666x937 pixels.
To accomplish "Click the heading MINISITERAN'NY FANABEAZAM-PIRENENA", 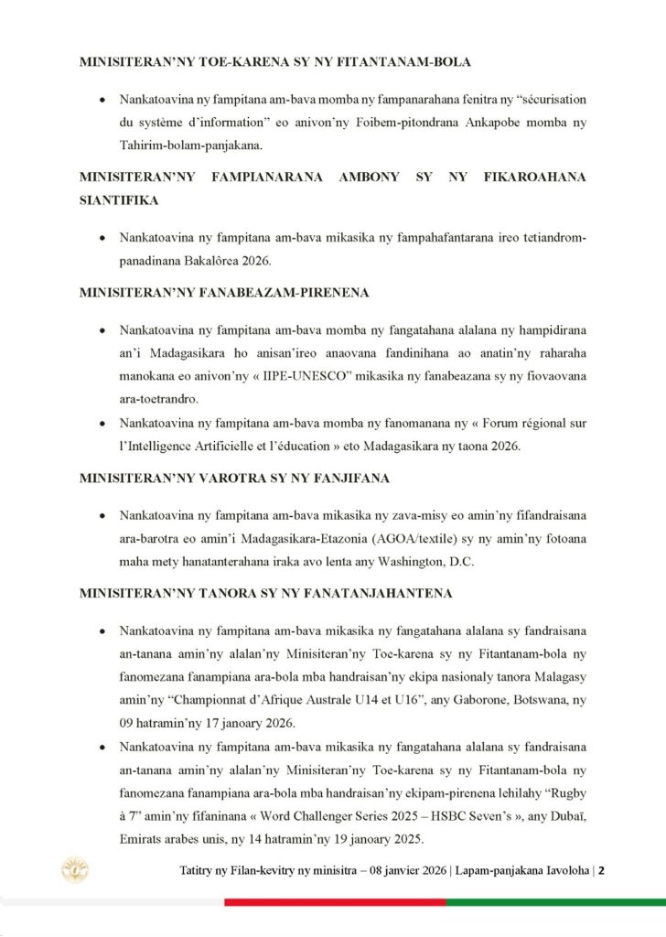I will tap(224, 294).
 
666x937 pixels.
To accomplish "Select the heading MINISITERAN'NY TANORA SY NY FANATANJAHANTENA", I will tap(265, 594).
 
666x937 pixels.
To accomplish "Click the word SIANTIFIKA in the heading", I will tap(119, 200).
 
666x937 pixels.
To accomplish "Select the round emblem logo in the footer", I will tap(74, 869).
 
